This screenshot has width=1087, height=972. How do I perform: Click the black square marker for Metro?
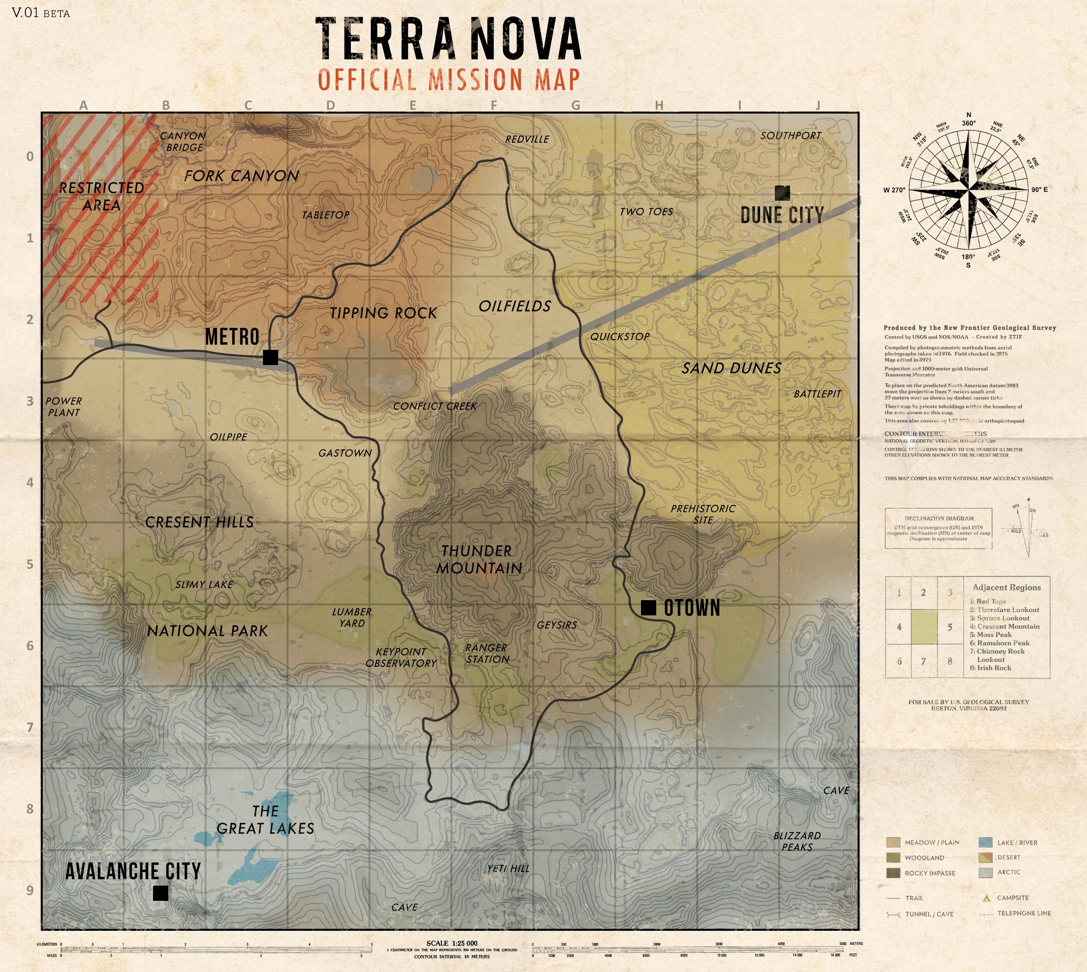pos(271,357)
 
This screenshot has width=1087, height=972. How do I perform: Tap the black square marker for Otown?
pos(648,608)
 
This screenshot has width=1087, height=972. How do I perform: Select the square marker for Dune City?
pos(782,193)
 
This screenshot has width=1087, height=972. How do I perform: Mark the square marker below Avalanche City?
pos(161,893)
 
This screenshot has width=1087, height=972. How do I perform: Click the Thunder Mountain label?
pos(478,559)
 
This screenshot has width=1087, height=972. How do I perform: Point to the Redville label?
pos(527,140)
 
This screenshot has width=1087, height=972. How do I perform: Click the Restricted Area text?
pos(102,197)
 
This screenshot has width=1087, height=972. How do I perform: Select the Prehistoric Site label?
pos(703,514)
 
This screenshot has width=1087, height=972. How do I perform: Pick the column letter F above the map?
pos(493,105)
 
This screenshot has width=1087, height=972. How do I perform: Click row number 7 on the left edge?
pos(30,727)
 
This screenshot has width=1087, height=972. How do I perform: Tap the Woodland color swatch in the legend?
pos(893,858)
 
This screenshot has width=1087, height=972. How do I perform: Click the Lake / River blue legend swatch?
pos(985,843)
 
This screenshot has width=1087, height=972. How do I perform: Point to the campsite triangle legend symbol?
pos(987,898)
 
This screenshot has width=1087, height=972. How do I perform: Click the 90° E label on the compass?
pos(1039,190)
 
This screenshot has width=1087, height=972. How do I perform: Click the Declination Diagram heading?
pos(939,519)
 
